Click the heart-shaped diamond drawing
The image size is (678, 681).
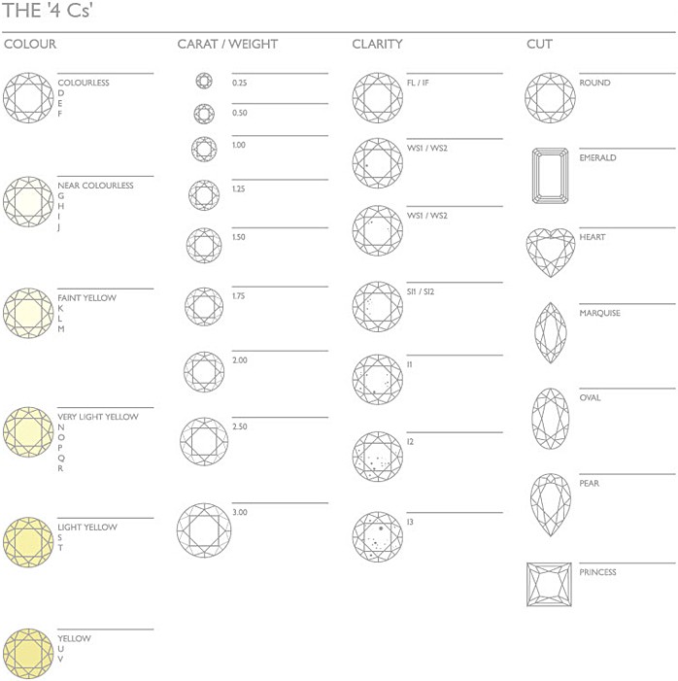(551, 253)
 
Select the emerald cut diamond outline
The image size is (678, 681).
(551, 176)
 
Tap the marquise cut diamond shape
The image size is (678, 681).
(551, 332)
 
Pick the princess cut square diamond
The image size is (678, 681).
(549, 584)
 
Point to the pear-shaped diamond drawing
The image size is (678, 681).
(551, 504)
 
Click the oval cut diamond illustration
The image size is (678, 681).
(551, 419)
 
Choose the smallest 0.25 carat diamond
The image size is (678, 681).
(204, 81)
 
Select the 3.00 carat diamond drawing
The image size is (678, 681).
(204, 530)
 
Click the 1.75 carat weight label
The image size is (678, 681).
(238, 296)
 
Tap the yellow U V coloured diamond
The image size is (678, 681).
(28, 653)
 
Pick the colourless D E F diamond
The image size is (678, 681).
(28, 98)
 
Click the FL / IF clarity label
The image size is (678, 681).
(418, 83)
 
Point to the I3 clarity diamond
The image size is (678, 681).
(378, 536)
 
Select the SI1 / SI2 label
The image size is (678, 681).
(421, 291)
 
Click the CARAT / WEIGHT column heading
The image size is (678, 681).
(227, 44)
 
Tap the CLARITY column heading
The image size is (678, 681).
(377, 44)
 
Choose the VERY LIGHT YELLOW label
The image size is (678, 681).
(98, 417)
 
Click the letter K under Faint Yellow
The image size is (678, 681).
(60, 308)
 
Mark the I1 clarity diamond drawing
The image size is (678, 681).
(378, 379)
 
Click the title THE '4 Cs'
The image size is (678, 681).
(48, 11)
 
